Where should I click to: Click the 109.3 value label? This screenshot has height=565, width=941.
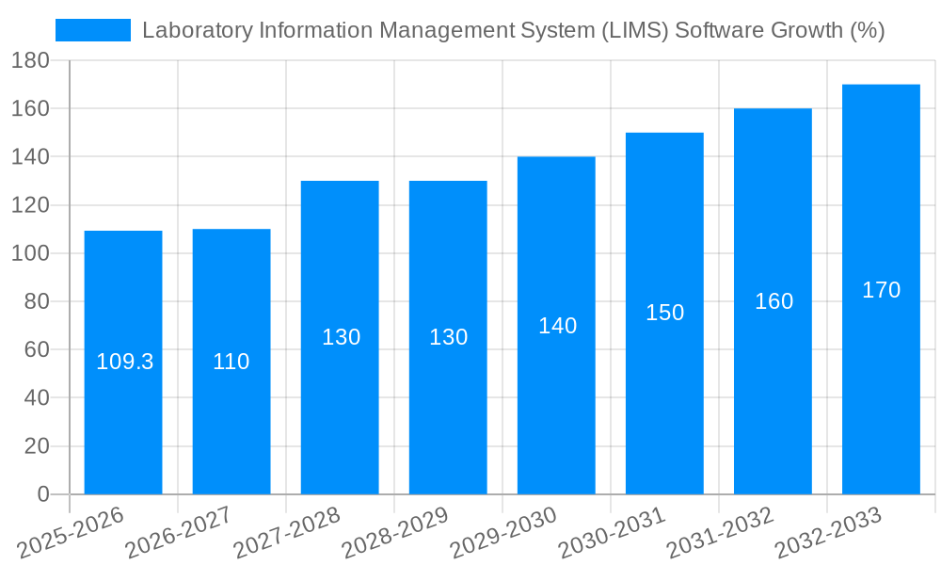[x=124, y=362]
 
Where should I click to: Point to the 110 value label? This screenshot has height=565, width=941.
[x=231, y=362]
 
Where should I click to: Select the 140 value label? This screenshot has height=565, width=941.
[x=557, y=326]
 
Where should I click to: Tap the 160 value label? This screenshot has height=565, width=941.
[x=774, y=301]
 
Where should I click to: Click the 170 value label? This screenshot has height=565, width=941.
[x=881, y=290]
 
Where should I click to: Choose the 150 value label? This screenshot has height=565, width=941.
[x=664, y=313]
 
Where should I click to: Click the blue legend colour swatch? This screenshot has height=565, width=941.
[x=93, y=30]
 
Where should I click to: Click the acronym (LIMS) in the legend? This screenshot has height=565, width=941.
[x=635, y=30]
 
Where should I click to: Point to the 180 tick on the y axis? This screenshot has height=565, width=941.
[x=30, y=60]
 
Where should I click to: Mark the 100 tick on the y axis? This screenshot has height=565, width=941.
[x=30, y=253]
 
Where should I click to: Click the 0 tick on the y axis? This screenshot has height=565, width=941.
[x=42, y=494]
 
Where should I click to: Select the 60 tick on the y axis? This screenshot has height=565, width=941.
[x=36, y=349]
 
